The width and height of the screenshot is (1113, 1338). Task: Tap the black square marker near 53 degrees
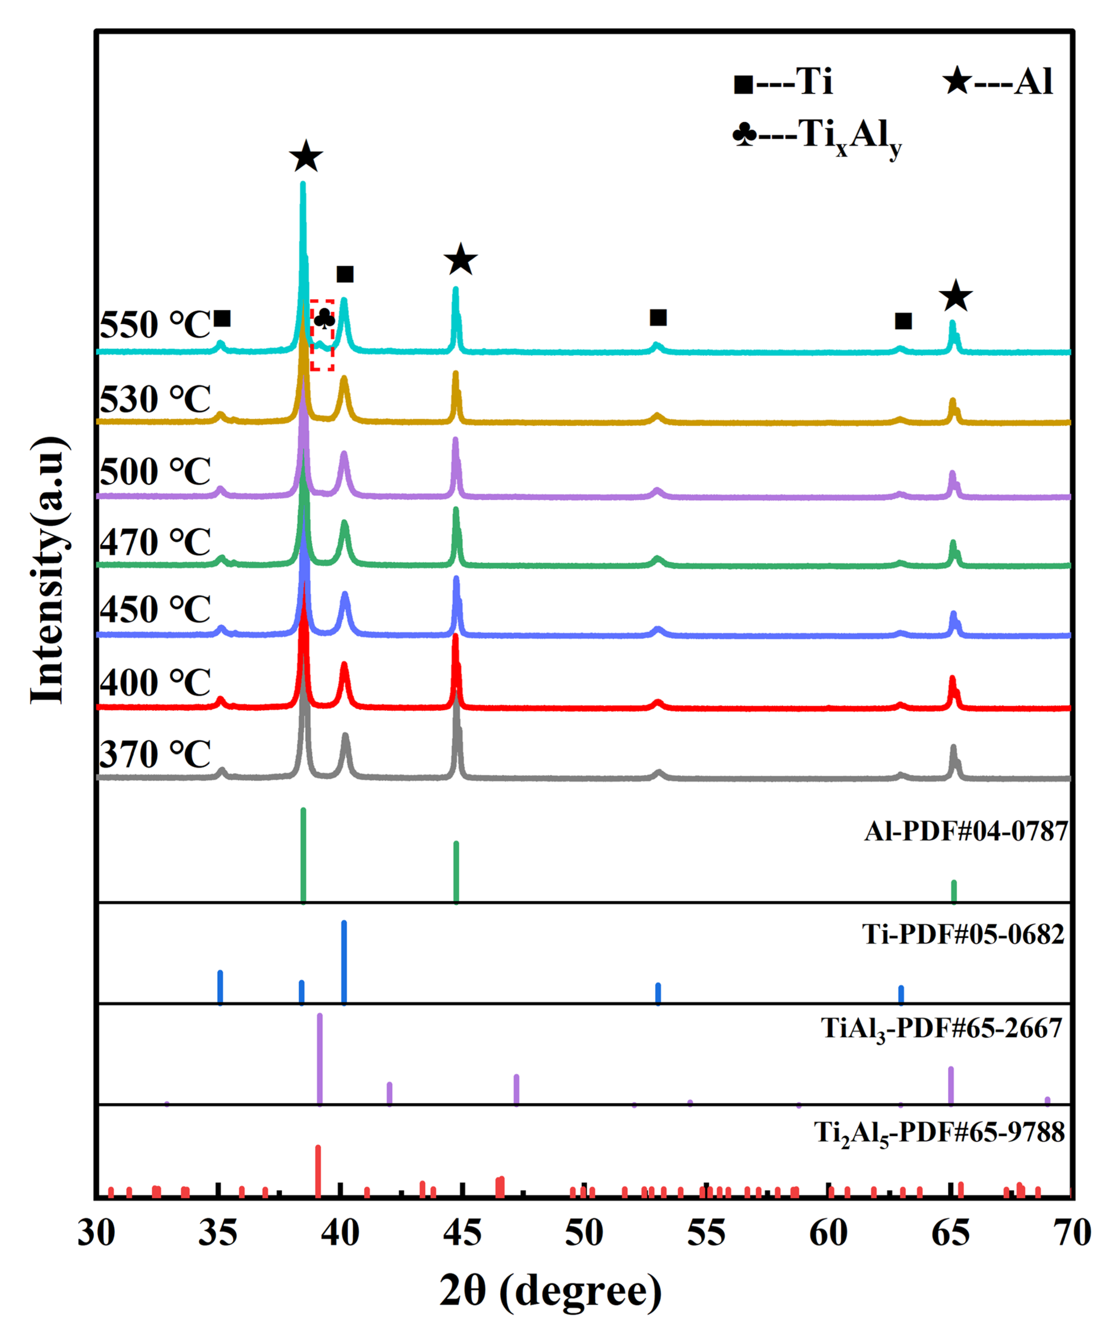[x=658, y=317]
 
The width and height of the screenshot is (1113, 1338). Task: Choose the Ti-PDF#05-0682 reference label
[x=963, y=935]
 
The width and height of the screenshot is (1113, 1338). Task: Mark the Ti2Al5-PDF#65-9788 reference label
[x=939, y=1133]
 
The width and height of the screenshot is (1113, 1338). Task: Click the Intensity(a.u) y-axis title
[x=48, y=570]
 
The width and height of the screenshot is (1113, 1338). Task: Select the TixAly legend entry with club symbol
[x=817, y=136]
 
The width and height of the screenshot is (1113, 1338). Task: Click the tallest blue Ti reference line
[x=344, y=962]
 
